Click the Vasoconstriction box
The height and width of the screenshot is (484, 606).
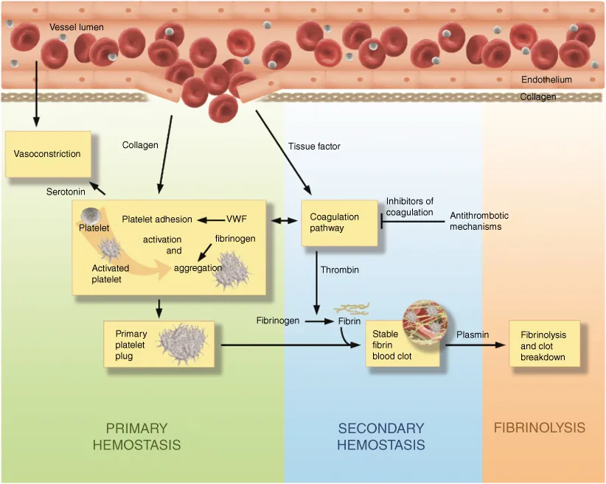point(48,154)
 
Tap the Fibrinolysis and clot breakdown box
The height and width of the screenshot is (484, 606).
point(544,345)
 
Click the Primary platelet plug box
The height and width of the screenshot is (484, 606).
point(159,344)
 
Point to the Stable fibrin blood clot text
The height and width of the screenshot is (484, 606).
point(392,345)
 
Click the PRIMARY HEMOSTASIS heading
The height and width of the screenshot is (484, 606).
point(136,436)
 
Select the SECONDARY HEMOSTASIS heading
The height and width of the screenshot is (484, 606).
point(380,436)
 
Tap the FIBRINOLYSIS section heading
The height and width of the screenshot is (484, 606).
point(540,428)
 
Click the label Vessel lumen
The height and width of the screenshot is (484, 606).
point(77,27)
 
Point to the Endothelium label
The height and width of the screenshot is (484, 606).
point(546,80)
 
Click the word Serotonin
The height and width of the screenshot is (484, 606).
point(66,192)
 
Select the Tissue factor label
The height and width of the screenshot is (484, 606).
point(314,147)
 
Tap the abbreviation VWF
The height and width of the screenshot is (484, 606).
point(236,219)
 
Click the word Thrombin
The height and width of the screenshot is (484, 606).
point(339,270)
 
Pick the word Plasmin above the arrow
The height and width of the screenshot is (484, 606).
point(473,334)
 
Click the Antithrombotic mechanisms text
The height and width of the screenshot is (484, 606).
point(479,221)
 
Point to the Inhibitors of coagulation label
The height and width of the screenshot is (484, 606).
point(409,207)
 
